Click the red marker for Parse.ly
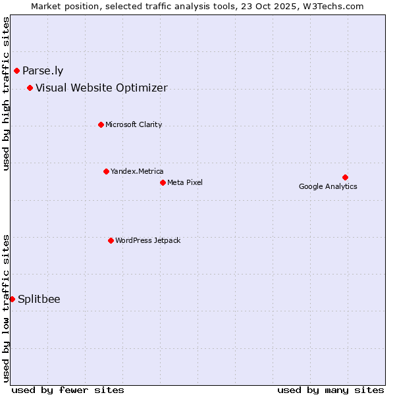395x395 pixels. (x=16, y=70)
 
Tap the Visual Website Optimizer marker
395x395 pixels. (x=30, y=88)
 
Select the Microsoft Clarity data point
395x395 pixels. (x=101, y=124)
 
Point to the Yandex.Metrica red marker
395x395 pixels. (x=106, y=171)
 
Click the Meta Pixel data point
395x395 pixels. (x=163, y=182)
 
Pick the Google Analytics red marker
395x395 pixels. (x=345, y=177)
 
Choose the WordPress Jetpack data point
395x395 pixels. (x=111, y=240)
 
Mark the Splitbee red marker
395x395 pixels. (x=12, y=299)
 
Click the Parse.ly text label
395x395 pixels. (x=43, y=70)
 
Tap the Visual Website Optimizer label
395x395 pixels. (x=101, y=88)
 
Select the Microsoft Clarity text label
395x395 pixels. (x=134, y=124)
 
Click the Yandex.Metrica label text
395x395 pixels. (x=137, y=171)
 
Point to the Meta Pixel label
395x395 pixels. (x=185, y=182)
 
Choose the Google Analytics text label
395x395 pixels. (x=328, y=186)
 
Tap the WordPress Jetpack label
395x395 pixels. (x=147, y=240)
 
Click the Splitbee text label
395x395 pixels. (x=39, y=299)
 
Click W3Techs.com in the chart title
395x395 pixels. (x=332, y=6)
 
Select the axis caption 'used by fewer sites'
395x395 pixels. (x=68, y=390)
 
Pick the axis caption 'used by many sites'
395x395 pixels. (x=330, y=390)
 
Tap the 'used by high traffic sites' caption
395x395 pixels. (x=6, y=94)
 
